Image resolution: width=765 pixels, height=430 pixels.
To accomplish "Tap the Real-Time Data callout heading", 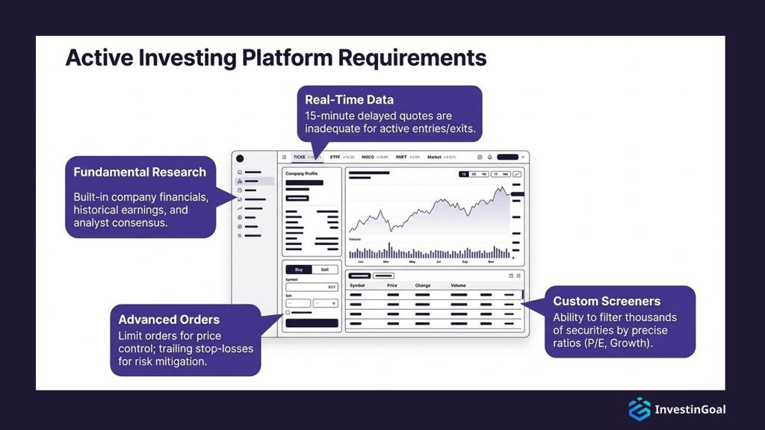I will click(x=349, y=99).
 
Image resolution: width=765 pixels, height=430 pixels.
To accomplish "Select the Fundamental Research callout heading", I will click(x=140, y=172).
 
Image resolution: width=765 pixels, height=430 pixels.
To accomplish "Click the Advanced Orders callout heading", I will click(x=169, y=319).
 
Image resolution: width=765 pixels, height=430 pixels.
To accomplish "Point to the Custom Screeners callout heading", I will click(x=607, y=301).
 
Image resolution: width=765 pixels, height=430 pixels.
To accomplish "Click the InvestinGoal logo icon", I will click(x=639, y=409).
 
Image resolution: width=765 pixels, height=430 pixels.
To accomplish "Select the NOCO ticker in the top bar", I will click(x=368, y=157).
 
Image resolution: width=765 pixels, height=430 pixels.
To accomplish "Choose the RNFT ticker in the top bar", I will click(x=400, y=157).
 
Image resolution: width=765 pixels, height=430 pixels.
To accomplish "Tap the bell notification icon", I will click(x=490, y=157).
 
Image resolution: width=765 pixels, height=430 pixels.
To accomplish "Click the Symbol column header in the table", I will click(x=357, y=285).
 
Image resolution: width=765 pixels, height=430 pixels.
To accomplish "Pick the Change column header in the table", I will click(x=423, y=285).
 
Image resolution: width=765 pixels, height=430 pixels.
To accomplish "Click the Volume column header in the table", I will click(x=458, y=285).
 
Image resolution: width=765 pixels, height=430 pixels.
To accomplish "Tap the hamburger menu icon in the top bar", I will click(x=284, y=157).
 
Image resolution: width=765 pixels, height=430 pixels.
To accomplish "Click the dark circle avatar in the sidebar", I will click(x=239, y=158).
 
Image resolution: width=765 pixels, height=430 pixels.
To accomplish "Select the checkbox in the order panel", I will click(x=288, y=312).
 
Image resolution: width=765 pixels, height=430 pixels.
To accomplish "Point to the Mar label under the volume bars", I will click(x=386, y=262).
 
